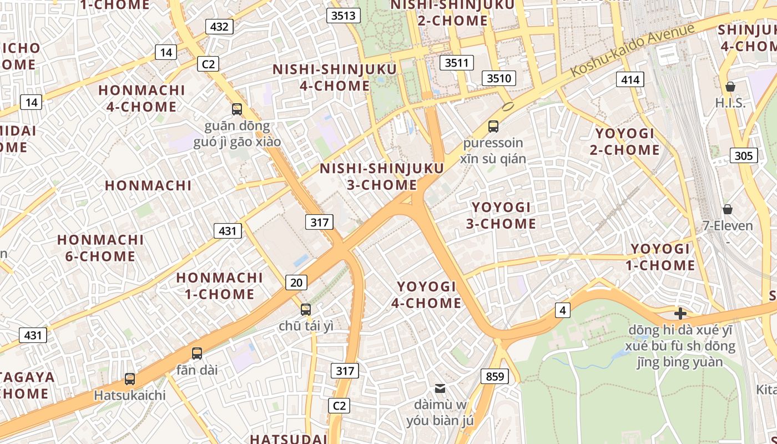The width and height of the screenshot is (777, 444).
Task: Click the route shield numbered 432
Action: (x=219, y=27)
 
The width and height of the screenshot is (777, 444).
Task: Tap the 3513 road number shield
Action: (x=342, y=16)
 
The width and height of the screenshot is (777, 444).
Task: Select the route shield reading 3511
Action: (x=457, y=63)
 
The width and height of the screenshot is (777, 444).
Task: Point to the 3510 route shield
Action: (x=498, y=78)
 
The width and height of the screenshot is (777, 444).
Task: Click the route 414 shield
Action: (x=630, y=80)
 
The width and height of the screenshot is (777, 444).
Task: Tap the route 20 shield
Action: (x=296, y=282)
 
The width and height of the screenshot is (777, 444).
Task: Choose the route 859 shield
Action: (x=495, y=377)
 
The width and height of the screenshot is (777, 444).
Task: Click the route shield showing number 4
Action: (x=563, y=310)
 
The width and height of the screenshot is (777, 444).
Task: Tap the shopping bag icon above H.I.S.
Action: (x=730, y=87)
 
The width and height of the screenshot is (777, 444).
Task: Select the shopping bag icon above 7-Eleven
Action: (x=727, y=209)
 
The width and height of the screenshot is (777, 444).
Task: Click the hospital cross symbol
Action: (x=680, y=314)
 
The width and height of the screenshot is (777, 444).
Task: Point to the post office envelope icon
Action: (x=440, y=388)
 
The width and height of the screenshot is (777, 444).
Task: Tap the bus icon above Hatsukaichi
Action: (x=130, y=379)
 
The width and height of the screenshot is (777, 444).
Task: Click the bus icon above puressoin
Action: (x=493, y=127)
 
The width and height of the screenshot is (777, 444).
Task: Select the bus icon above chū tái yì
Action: (x=306, y=310)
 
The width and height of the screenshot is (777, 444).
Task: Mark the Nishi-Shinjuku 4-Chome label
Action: (x=335, y=78)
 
